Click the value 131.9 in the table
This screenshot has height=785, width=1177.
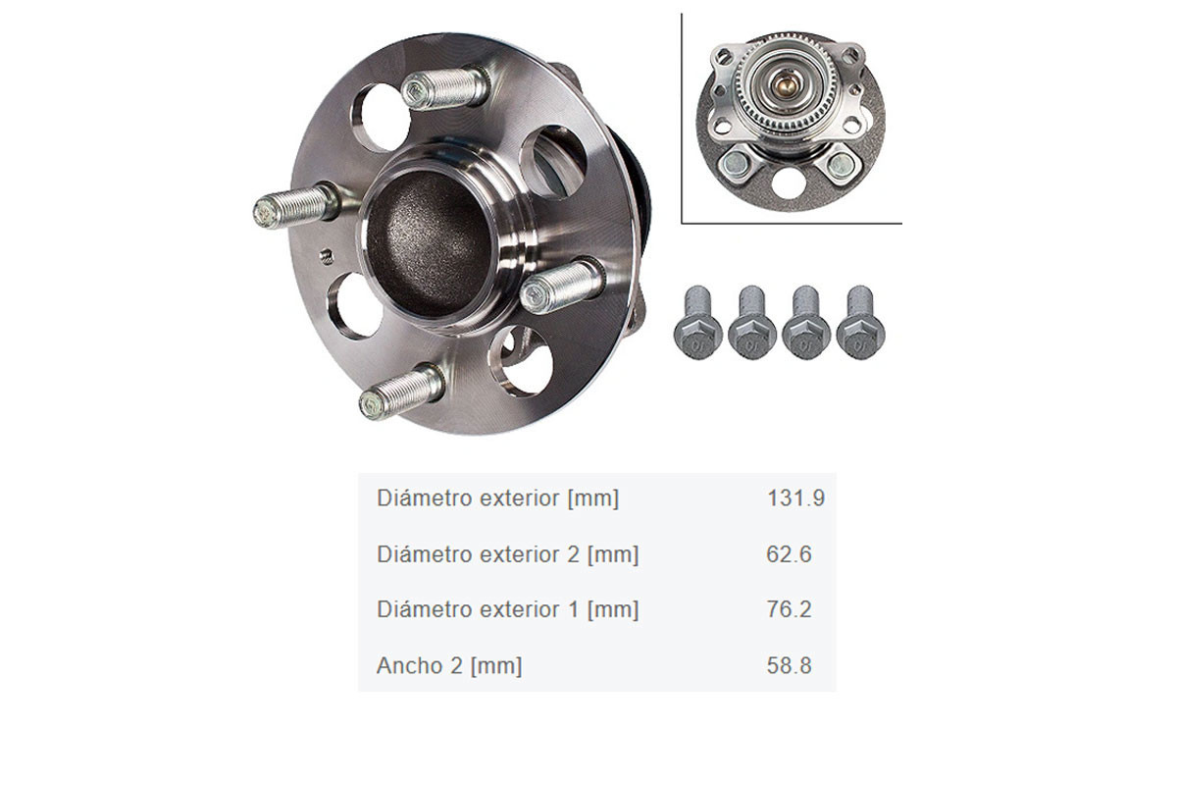795,497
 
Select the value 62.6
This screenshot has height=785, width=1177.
789,553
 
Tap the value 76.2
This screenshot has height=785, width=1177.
789,608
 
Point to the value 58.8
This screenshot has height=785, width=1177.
789,665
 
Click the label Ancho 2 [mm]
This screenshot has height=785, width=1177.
449,665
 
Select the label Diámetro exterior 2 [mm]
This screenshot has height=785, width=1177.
508,554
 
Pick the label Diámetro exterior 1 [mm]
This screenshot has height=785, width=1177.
508,609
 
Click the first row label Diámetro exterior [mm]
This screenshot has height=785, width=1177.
497,497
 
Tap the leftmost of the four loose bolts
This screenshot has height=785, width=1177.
696,322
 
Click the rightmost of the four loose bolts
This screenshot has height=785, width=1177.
860,322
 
